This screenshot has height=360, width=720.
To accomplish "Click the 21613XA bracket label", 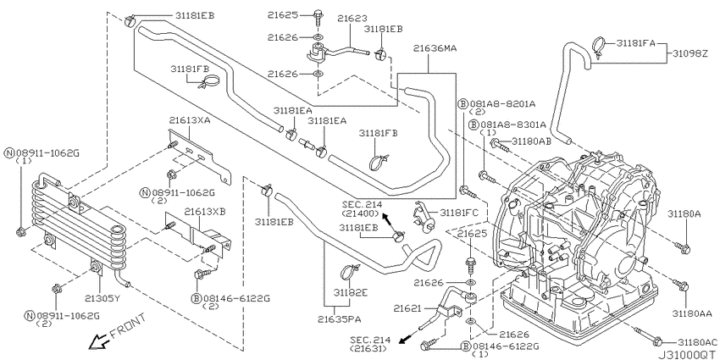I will coord(190,120).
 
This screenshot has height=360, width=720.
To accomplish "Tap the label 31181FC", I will coord(460,210).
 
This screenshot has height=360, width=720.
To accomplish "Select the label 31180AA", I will coord(693,313).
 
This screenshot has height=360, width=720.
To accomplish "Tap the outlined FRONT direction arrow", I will coord(100,341).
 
